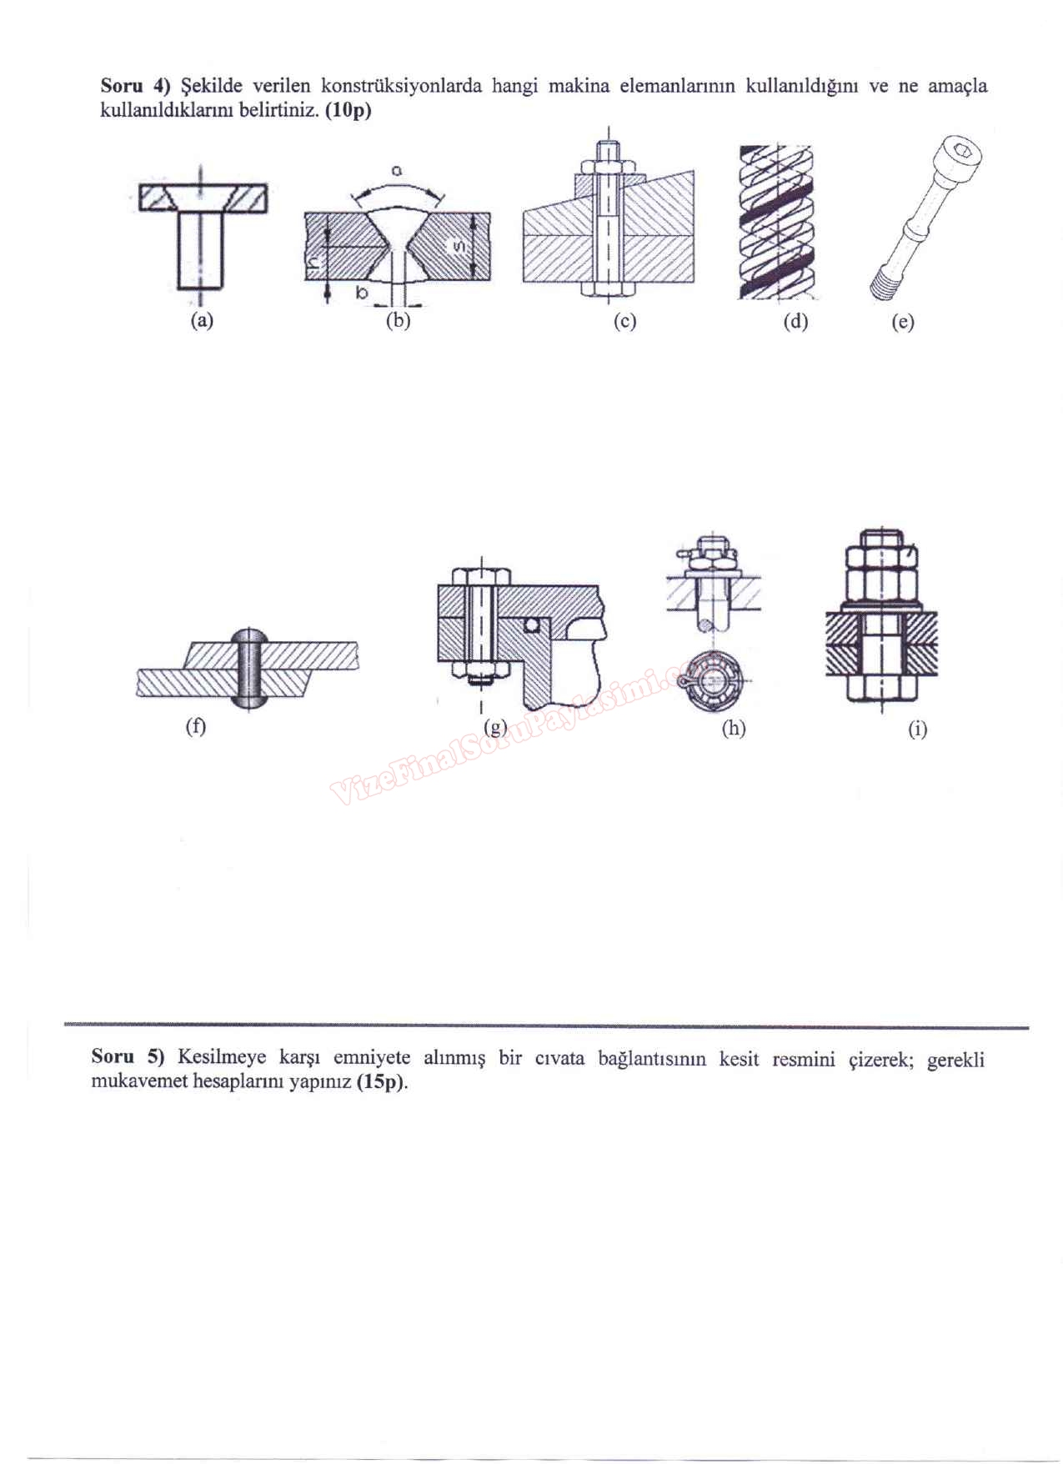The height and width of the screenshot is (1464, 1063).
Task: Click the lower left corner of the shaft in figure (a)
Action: pos(178,288)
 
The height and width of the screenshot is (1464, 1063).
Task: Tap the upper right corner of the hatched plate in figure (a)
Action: pos(267,185)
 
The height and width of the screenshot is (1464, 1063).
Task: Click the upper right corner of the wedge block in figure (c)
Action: pos(694,171)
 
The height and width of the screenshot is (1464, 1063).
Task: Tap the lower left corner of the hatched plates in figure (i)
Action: pos(827,674)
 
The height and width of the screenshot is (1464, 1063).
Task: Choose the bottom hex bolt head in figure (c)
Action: pos(609,289)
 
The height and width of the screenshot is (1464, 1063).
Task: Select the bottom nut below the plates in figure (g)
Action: pos(479,668)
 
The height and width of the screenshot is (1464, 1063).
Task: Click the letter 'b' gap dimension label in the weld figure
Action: pos(362,293)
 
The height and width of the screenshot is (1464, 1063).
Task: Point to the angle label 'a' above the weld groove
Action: pos(397,171)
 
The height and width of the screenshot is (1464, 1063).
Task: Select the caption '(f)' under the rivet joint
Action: pos(195,726)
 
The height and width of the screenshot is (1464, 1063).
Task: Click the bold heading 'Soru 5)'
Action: pos(129,1056)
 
